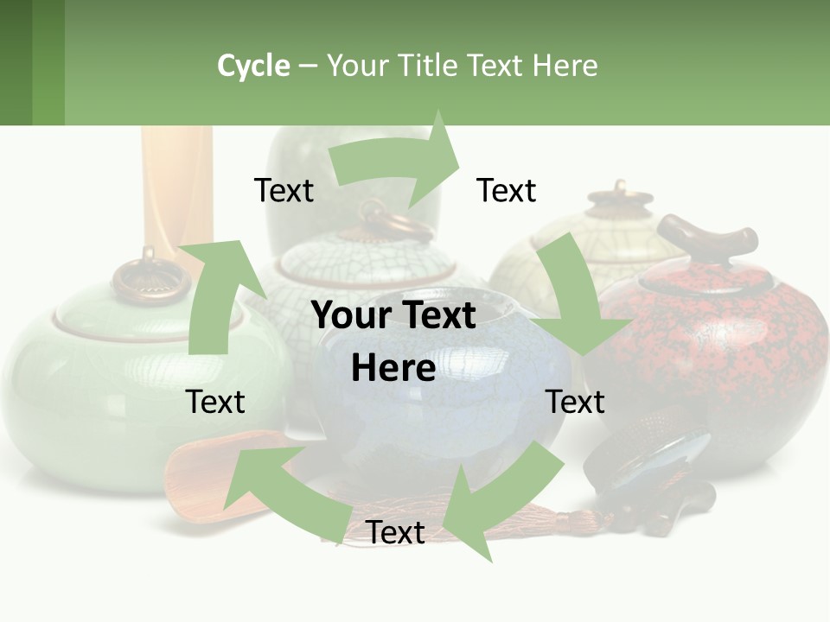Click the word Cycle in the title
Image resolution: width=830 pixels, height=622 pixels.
(253, 66)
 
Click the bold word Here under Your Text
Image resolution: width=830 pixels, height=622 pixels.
(393, 368)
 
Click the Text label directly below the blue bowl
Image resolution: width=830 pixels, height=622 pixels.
(395, 532)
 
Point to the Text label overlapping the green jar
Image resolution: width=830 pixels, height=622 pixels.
(215, 402)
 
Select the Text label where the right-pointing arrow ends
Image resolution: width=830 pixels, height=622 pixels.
(506, 190)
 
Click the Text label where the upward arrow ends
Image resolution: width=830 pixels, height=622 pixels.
(284, 190)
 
